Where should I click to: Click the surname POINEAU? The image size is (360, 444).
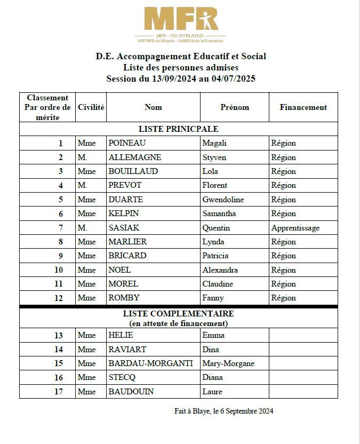click(x=127, y=143)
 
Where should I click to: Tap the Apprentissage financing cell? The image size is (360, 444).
click(x=295, y=228)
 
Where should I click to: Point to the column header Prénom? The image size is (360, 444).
click(x=235, y=107)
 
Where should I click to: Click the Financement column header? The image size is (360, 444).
click(x=303, y=107)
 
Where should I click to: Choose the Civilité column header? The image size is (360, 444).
click(x=91, y=107)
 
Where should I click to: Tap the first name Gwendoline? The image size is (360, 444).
click(x=223, y=200)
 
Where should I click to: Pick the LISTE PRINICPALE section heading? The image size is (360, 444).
click(x=178, y=129)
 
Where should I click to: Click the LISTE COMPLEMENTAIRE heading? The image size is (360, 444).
click(x=178, y=314)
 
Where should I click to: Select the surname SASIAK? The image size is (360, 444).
click(x=124, y=228)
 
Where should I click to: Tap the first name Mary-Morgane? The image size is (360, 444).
click(x=228, y=363)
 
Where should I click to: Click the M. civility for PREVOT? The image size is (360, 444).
click(x=82, y=185)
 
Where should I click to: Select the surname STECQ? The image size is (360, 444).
click(x=122, y=377)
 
